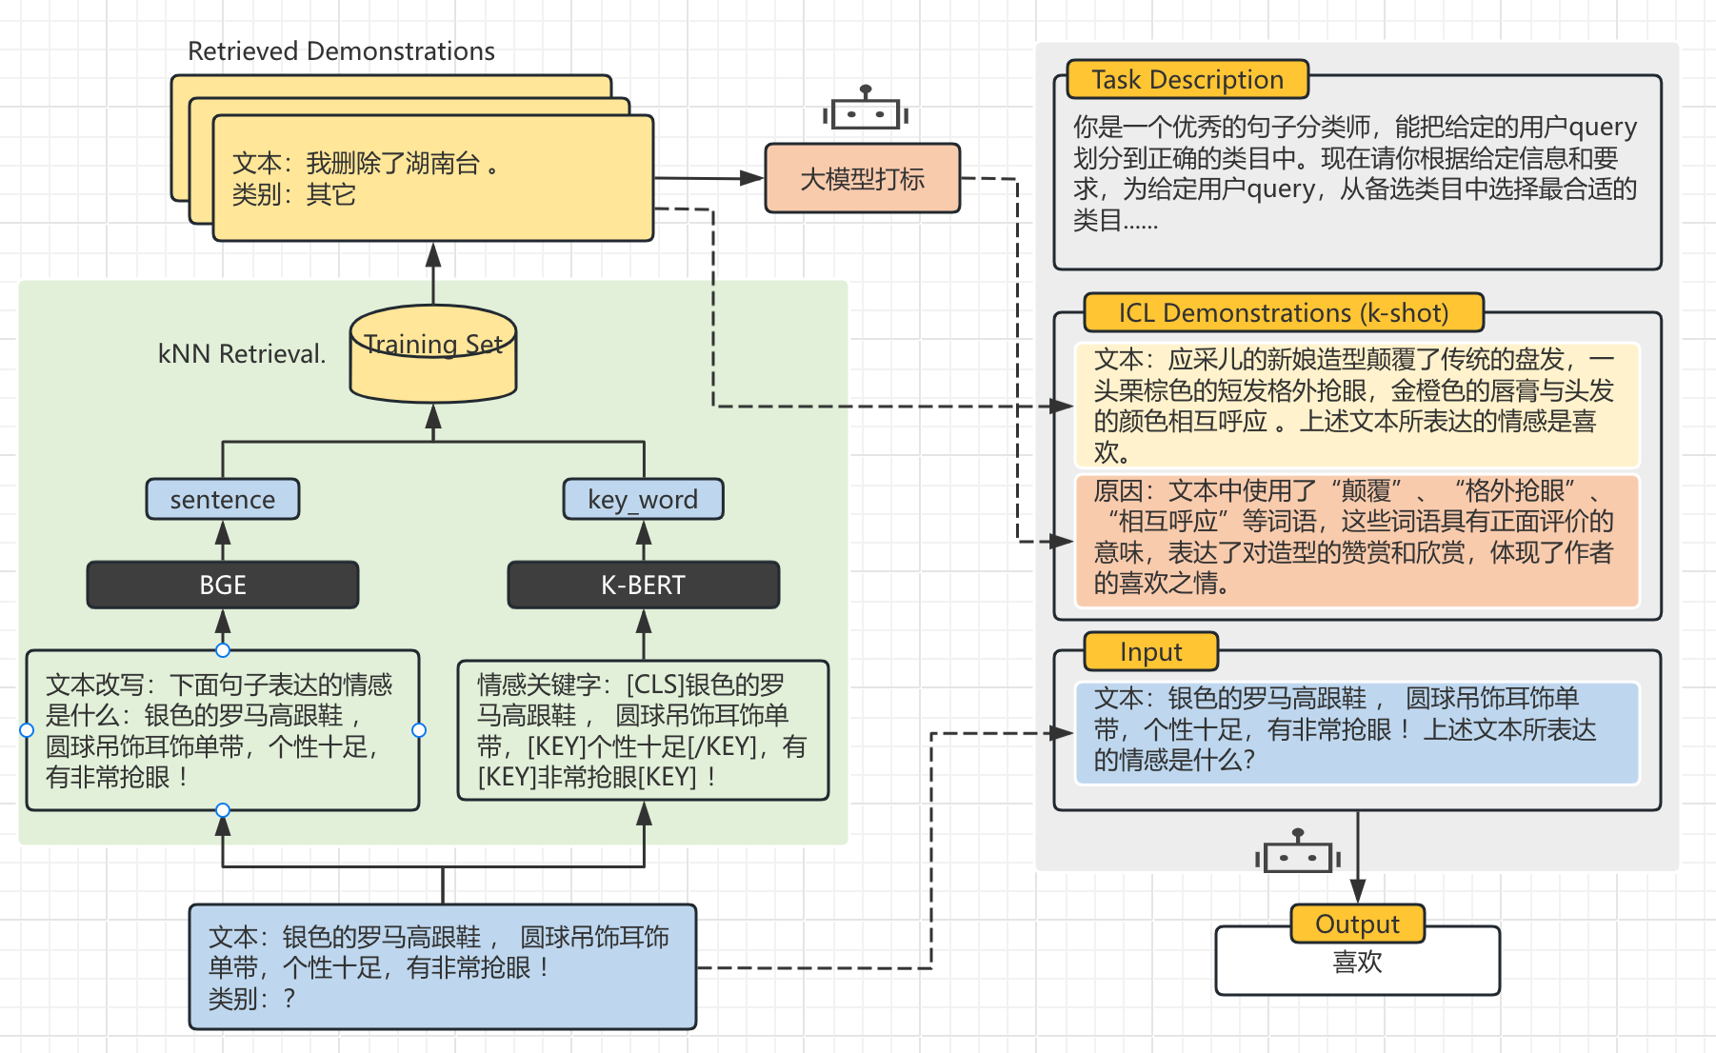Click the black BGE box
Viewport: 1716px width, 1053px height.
pyautogui.click(x=223, y=585)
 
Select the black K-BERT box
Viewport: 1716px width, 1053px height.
pyautogui.click(x=643, y=585)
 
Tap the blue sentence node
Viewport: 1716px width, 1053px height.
pyautogui.click(x=223, y=499)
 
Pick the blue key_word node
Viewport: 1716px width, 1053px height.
pyautogui.click(x=643, y=499)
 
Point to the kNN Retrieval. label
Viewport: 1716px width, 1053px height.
pyautogui.click(x=242, y=354)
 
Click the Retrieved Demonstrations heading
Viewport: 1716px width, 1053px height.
pyautogui.click(x=341, y=50)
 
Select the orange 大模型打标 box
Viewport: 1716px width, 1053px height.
pyautogui.click(x=863, y=178)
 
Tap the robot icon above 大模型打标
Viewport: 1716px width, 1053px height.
pyautogui.click(x=865, y=110)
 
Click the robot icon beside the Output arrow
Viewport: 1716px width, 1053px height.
pyautogui.click(x=1297, y=853)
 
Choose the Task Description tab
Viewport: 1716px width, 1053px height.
pyautogui.click(x=1187, y=79)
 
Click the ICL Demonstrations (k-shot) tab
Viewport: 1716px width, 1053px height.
pyautogui.click(x=1283, y=312)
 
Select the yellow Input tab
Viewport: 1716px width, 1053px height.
pyautogui.click(x=1150, y=652)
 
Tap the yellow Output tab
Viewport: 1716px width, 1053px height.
pyautogui.click(x=1357, y=924)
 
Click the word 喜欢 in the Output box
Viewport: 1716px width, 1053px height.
pyautogui.click(x=1357, y=963)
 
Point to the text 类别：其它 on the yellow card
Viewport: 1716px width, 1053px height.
pyautogui.click(x=293, y=194)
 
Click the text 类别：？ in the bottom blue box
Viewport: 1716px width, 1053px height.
pyautogui.click(x=251, y=999)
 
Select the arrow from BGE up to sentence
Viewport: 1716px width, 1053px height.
pyautogui.click(x=223, y=540)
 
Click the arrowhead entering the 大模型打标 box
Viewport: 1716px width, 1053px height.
pyautogui.click(x=753, y=178)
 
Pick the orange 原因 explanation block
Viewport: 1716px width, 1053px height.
pyautogui.click(x=1356, y=539)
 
